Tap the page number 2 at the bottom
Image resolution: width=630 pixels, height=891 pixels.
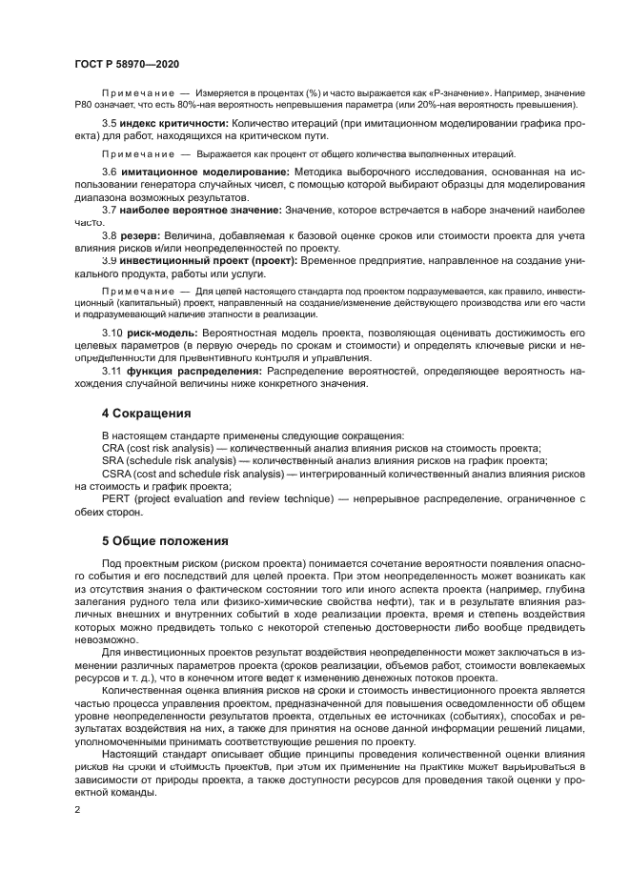tap(77, 808)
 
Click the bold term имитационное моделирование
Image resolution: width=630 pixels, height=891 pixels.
tap(200, 170)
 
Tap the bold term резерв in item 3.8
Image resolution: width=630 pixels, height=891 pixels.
tap(140, 234)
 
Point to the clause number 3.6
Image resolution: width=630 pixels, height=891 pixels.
tap(109, 170)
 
